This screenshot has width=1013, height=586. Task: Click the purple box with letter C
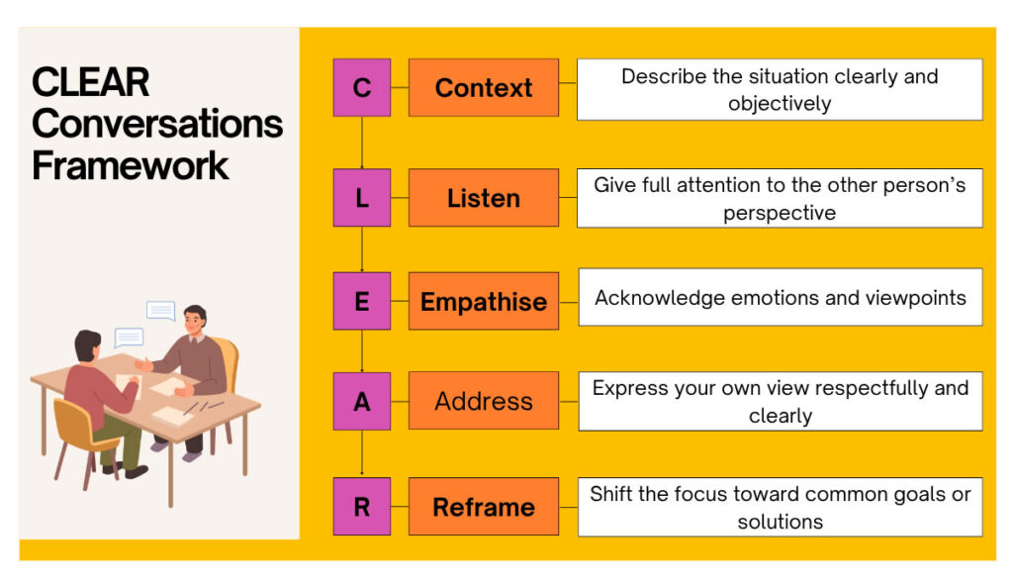click(x=362, y=87)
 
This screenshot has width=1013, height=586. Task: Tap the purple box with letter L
click(x=362, y=197)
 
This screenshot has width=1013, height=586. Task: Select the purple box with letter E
click(x=362, y=301)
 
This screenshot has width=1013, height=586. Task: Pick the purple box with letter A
click(x=362, y=401)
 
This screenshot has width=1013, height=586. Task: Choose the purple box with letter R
click(x=362, y=507)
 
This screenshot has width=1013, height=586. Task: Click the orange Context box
click(x=484, y=87)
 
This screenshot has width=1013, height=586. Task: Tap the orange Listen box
click(x=484, y=197)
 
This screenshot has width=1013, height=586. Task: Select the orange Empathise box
click(x=484, y=301)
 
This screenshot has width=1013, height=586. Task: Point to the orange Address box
click(x=484, y=401)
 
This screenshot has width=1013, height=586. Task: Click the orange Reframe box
click(x=484, y=507)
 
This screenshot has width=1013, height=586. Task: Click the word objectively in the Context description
click(x=780, y=104)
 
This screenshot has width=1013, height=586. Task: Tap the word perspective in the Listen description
click(x=780, y=214)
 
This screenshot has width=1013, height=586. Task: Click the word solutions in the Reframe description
click(x=781, y=522)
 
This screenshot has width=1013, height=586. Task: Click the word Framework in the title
click(x=130, y=166)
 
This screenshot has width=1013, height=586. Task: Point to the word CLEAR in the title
click(x=90, y=82)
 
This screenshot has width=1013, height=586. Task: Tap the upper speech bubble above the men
click(x=161, y=311)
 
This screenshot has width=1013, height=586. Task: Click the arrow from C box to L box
click(x=362, y=143)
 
